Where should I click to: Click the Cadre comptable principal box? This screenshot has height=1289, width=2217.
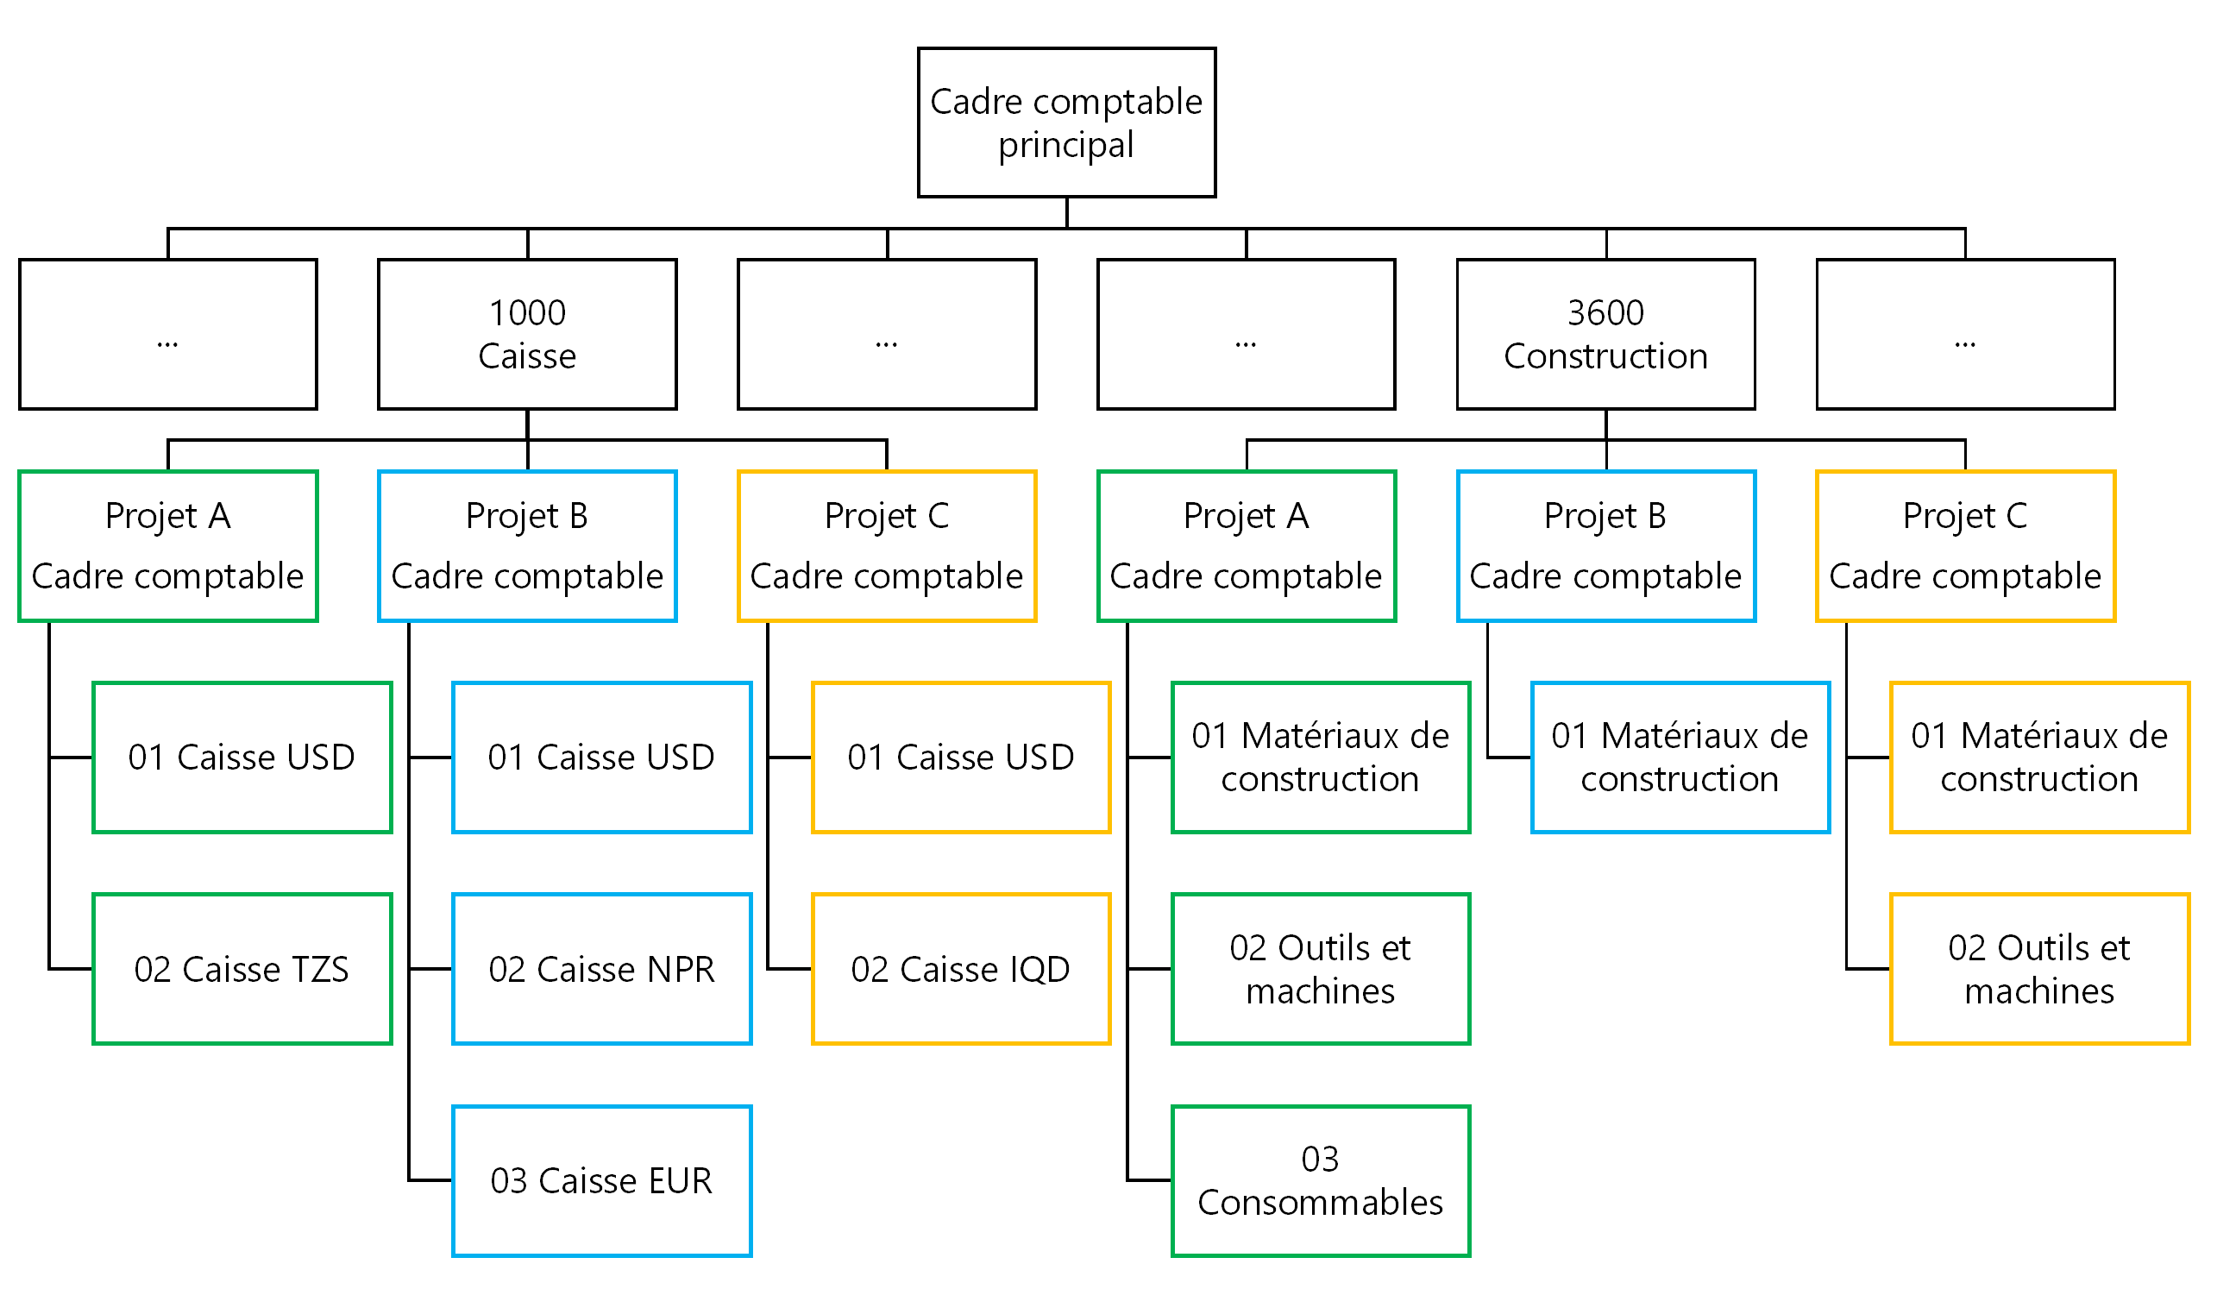click(1066, 123)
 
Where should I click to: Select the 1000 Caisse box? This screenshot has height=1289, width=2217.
click(527, 335)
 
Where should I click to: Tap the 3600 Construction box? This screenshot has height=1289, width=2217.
click(1605, 335)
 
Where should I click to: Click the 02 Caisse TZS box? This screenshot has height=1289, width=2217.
click(242, 969)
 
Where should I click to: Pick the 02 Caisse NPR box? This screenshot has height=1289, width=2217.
click(602, 969)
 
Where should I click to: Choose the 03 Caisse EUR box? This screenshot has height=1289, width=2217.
click(602, 1181)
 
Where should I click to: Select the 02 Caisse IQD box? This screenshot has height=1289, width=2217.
click(961, 969)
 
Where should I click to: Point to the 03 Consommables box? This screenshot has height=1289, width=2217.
click(1321, 1181)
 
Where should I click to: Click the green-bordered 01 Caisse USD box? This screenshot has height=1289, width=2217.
click(242, 757)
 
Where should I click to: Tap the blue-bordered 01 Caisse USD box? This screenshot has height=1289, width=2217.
click(602, 757)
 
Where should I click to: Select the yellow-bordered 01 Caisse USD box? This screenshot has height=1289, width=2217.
click(961, 757)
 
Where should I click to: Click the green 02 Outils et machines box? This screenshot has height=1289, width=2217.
click(1321, 969)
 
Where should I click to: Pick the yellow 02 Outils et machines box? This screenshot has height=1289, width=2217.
click(2039, 969)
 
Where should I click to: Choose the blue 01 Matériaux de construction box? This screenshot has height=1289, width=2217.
click(1680, 757)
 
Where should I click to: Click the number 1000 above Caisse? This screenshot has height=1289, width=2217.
click(527, 313)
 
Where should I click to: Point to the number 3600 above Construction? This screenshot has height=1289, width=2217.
click(1605, 313)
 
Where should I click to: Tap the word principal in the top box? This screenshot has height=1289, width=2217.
click(1066, 144)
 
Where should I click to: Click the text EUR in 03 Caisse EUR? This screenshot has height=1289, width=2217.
click(679, 1181)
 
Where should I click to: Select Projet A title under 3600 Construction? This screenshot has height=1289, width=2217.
click(1246, 516)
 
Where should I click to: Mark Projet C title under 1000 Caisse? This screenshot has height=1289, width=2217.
click(887, 516)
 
